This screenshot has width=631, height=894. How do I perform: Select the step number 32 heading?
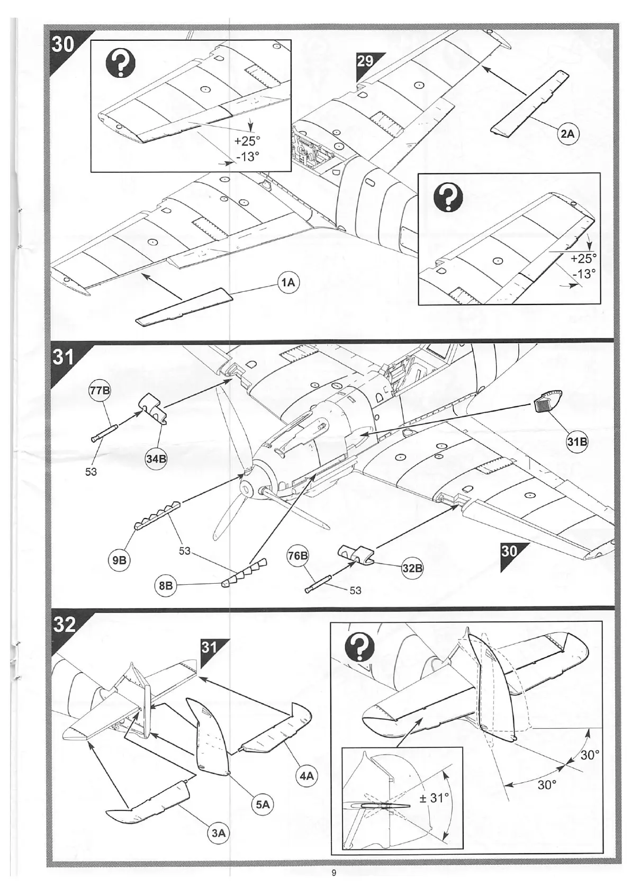[65, 624]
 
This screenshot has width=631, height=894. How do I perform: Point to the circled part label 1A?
[288, 283]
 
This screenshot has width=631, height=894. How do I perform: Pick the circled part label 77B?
[99, 391]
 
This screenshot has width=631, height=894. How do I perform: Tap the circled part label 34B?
[156, 459]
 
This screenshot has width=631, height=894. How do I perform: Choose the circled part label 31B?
[577, 442]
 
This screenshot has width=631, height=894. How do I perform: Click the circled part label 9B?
[120, 560]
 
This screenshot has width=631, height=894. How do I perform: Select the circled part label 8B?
[166, 585]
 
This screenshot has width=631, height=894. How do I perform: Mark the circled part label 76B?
[298, 556]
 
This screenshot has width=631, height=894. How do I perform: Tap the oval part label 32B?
[412, 568]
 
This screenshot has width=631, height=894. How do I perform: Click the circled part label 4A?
[307, 776]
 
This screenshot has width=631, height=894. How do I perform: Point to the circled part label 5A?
[263, 804]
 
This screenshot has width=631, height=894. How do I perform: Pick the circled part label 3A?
[218, 833]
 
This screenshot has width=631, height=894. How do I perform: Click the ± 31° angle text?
[433, 798]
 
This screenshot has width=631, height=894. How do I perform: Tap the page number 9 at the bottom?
[333, 873]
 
